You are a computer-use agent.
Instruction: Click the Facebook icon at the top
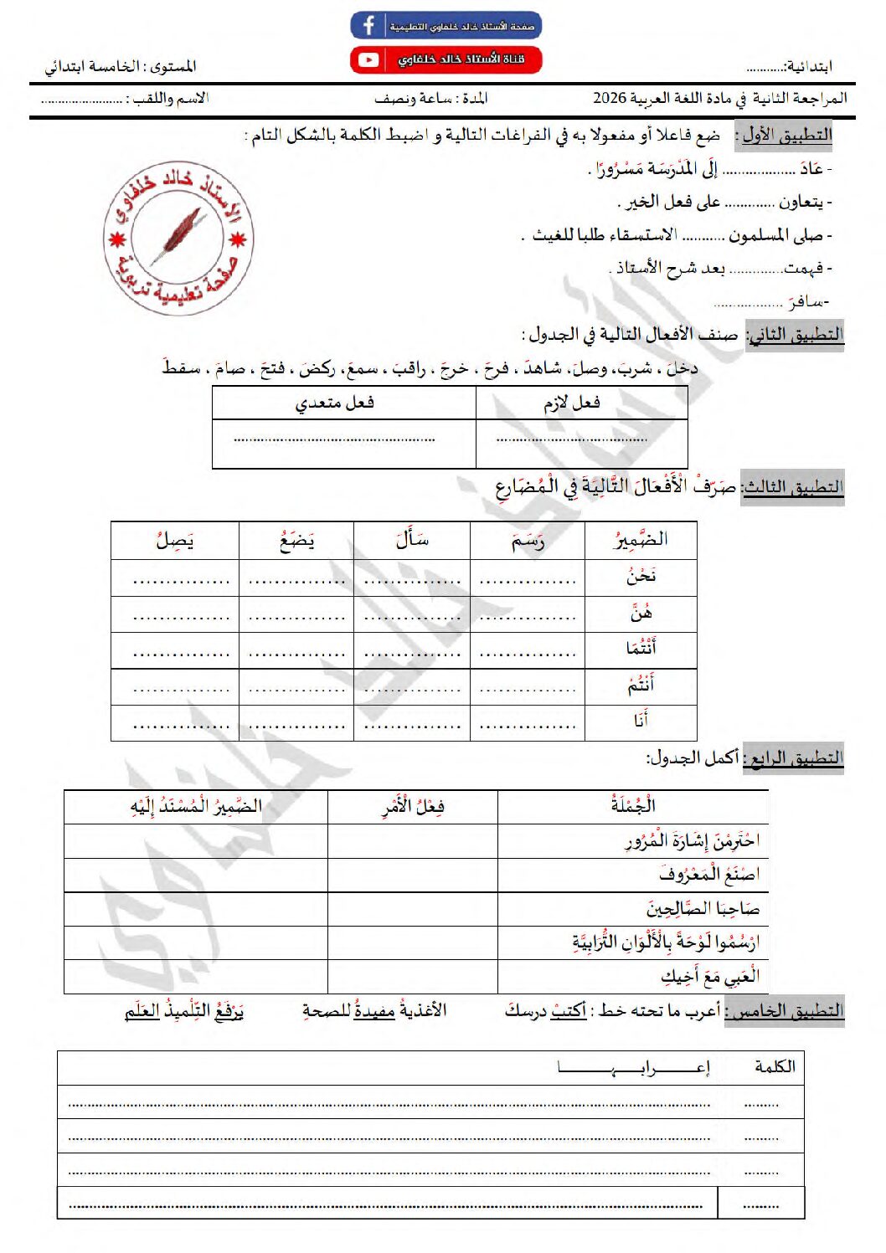click(x=368, y=25)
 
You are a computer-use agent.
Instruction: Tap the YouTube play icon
click(x=368, y=60)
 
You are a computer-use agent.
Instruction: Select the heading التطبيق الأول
click(x=786, y=136)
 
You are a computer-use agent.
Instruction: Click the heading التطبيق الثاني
click(x=796, y=335)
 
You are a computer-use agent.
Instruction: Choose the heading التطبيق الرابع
click(x=796, y=758)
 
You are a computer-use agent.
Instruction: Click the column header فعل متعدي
click(x=334, y=403)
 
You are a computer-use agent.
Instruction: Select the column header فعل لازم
click(x=572, y=403)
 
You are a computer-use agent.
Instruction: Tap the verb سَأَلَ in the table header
click(x=412, y=539)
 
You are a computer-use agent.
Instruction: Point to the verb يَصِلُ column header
click(x=174, y=541)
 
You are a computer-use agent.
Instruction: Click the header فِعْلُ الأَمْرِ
click(x=413, y=807)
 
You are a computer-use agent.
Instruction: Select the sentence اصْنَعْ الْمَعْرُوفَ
click(x=708, y=875)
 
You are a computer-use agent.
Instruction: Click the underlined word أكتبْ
click(x=569, y=1011)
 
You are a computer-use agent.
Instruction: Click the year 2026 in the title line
click(x=610, y=98)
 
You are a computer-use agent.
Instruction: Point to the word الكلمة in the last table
click(x=775, y=1066)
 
